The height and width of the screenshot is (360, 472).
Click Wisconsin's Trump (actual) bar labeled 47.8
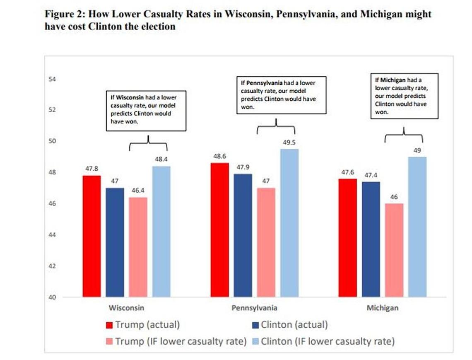pyautogui.click(x=92, y=236)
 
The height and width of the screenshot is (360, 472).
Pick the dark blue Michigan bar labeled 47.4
pyautogui.click(x=371, y=239)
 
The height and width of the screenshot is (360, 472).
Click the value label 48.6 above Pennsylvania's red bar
pyautogui.click(x=219, y=157)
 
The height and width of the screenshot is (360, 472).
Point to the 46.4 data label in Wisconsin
pyautogui.click(x=138, y=191)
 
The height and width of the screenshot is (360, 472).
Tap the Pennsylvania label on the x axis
pyautogui.click(x=255, y=308)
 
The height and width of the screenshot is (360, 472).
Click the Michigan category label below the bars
pyautogui.click(x=383, y=308)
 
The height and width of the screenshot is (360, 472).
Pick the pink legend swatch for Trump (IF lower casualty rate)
pyautogui.click(x=110, y=342)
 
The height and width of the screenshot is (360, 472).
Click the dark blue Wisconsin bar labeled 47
pyautogui.click(x=115, y=242)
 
